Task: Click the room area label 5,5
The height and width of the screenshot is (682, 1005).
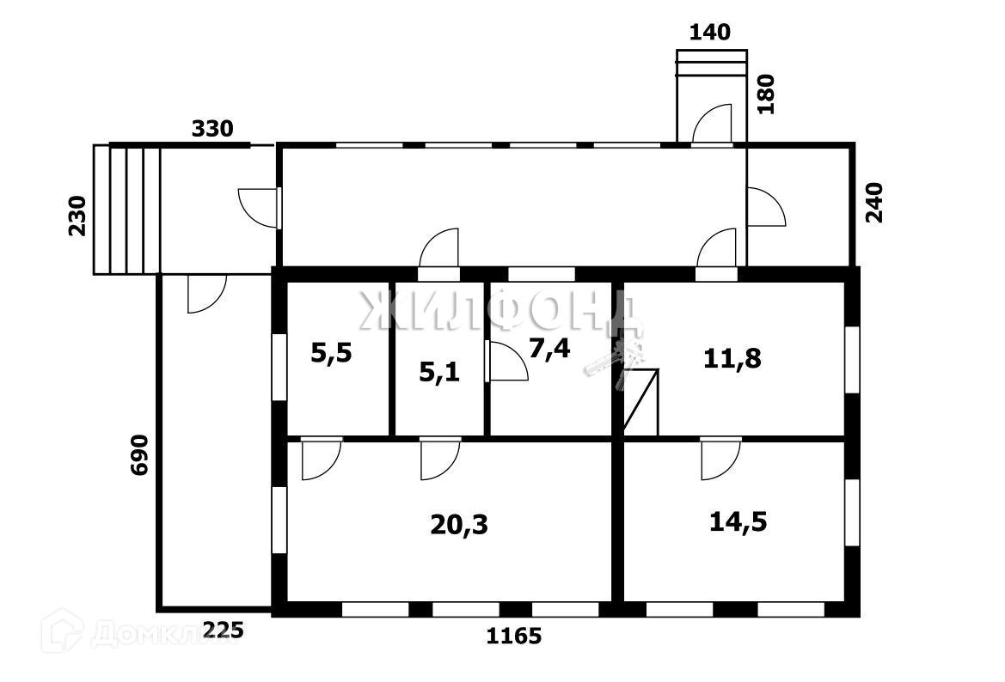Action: (x=331, y=353)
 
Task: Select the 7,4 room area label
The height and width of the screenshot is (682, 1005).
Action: (x=550, y=348)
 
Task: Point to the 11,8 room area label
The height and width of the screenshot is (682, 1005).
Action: (x=732, y=357)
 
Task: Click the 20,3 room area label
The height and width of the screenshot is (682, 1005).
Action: (x=459, y=524)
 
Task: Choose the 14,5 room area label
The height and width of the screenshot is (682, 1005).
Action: (x=738, y=521)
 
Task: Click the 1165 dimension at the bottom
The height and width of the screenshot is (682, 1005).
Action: (x=514, y=636)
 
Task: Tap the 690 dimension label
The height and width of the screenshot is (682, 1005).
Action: (x=140, y=455)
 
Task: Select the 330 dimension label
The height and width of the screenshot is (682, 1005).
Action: (x=211, y=130)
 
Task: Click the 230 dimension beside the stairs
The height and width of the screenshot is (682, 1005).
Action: (x=78, y=216)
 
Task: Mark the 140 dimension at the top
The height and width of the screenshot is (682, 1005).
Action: (x=710, y=33)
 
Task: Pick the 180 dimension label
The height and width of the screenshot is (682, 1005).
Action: (x=766, y=94)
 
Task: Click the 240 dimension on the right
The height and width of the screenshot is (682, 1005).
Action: (x=875, y=203)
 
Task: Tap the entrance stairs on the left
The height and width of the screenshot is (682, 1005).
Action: (x=127, y=210)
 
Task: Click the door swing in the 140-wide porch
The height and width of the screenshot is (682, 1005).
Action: (x=714, y=123)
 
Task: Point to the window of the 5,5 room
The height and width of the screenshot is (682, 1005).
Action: (x=279, y=367)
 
